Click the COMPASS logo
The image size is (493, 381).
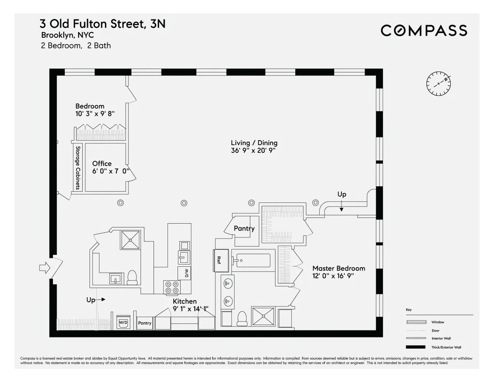click(424, 31)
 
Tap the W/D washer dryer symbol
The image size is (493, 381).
click(123, 323)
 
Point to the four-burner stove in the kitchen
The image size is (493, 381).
click(172, 287)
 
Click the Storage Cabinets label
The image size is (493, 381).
click(77, 167)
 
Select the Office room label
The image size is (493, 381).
click(101, 164)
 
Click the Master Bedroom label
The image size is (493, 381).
click(338, 268)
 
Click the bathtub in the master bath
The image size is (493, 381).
click(251, 260)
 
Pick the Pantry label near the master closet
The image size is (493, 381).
click(244, 229)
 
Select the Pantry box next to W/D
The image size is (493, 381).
click(145, 323)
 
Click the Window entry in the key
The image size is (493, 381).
click(437, 322)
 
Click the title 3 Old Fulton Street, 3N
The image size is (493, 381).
click(102, 24)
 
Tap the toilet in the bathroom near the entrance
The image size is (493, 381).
click(132, 278)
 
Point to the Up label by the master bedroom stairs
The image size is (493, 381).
click(341, 194)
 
